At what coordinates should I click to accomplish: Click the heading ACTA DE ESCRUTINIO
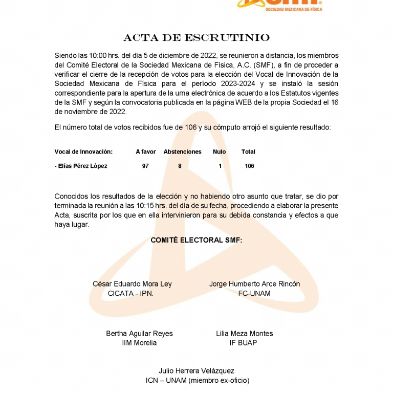[x=196, y=38]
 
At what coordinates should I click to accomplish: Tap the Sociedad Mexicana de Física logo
[x=279, y=5]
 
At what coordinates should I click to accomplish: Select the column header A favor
[x=146, y=152]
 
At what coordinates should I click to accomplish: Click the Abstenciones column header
[x=183, y=152]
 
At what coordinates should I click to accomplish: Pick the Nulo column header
[x=220, y=152]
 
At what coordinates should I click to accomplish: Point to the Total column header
[x=248, y=152]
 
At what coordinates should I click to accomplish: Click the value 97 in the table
[x=145, y=166]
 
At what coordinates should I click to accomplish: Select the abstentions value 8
[x=180, y=166]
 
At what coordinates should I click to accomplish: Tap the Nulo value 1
[x=220, y=166]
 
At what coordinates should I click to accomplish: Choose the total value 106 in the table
[x=249, y=166]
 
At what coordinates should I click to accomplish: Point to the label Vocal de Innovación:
[x=83, y=152]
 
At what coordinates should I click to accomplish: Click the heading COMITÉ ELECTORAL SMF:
[x=196, y=240]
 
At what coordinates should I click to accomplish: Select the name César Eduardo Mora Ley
[x=132, y=284]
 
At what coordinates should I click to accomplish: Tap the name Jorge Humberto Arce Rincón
[x=255, y=284]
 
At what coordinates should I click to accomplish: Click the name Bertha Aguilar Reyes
[x=139, y=334]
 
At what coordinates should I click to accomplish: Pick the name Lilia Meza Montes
[x=245, y=334]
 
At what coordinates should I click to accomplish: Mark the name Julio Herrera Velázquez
[x=196, y=371]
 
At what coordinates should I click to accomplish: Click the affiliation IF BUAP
[x=244, y=343]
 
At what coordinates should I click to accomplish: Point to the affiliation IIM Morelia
[x=139, y=343]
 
